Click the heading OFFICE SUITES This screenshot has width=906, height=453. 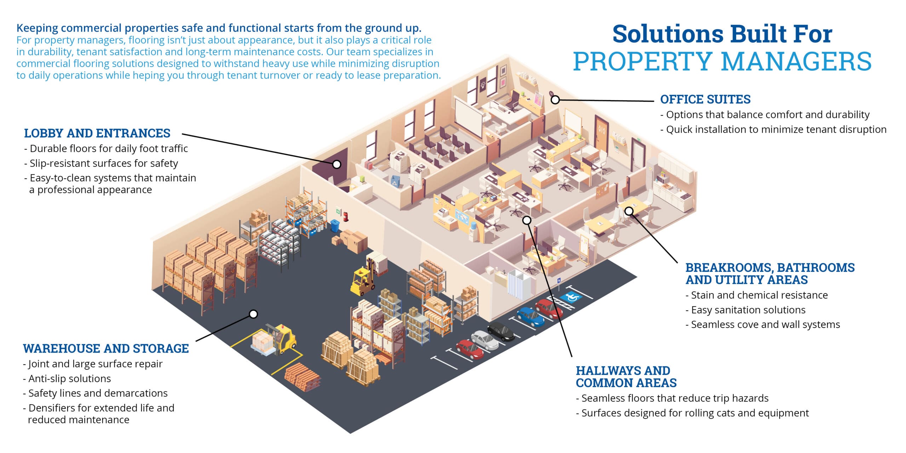(705, 99)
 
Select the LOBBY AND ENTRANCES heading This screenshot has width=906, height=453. (97, 133)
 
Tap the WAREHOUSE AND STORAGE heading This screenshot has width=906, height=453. (106, 349)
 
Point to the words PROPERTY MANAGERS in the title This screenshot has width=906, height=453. (722, 62)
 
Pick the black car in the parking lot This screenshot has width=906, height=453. (501, 332)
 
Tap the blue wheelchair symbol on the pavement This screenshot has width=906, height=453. (571, 297)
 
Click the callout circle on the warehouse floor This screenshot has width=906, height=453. (253, 314)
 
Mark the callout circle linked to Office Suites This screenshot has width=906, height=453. (555, 100)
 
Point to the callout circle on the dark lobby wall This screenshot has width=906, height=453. (337, 164)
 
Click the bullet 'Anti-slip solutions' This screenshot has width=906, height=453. (67, 379)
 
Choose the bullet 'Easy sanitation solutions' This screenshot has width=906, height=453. (745, 310)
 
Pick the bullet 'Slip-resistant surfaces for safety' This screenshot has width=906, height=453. (101, 164)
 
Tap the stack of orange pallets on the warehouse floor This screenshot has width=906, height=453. (303, 378)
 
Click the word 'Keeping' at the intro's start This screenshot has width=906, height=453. (37, 28)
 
